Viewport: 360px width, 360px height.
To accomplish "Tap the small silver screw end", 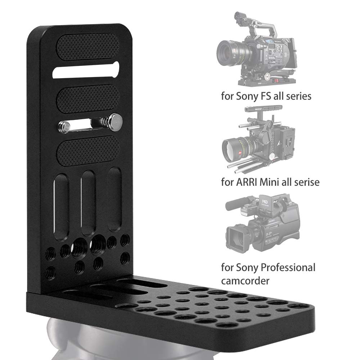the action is [x=64, y=126].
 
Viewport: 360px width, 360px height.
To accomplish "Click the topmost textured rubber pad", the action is [x=88, y=47].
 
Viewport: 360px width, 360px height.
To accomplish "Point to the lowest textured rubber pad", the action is [x=88, y=150].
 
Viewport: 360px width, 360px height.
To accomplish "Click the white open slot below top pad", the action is [x=86, y=70].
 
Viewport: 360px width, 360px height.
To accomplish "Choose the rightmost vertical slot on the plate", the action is [x=114, y=199].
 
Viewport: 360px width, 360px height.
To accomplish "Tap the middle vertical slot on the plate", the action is [x=88, y=203].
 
